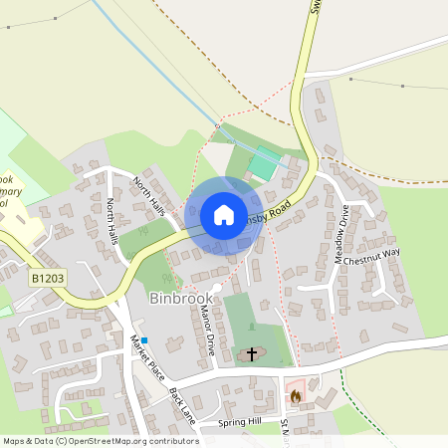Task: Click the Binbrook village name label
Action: click(180, 298)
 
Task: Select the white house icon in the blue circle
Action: click(224, 215)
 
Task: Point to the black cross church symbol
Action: click(252, 353)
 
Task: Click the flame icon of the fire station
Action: click(295, 395)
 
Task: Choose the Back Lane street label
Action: click(182, 405)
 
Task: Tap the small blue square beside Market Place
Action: click(144, 339)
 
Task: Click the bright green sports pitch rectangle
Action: click(263, 162)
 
